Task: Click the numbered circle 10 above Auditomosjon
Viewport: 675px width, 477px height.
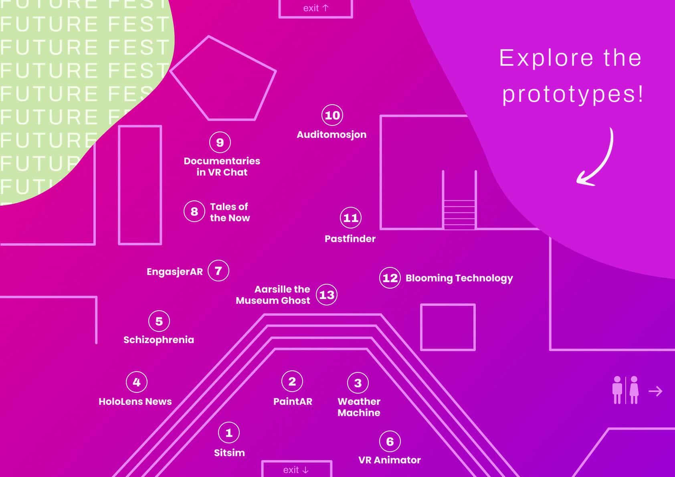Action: (332, 115)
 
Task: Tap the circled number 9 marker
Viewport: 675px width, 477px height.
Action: (220, 142)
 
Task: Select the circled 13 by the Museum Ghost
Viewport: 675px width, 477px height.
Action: (327, 294)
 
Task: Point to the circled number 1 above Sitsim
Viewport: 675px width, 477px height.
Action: (229, 433)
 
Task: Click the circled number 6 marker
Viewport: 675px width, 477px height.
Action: (390, 441)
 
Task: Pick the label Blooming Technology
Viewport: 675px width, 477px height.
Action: (459, 278)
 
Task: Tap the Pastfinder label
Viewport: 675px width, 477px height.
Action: (350, 238)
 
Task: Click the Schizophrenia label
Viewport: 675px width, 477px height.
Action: (158, 340)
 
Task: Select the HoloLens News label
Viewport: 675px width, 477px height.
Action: (135, 401)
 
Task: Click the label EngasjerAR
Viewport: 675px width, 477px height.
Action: (175, 272)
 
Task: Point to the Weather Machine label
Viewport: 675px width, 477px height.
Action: (359, 407)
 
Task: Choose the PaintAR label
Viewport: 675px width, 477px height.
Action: (293, 401)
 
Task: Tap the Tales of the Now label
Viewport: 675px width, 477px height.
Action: (230, 212)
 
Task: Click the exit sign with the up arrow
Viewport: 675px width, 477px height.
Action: (315, 8)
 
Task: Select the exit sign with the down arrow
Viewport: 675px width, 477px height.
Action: (297, 469)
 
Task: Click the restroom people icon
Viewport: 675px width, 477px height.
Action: (625, 390)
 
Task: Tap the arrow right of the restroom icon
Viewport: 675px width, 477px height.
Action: (655, 391)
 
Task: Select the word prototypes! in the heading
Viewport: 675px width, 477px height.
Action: (572, 94)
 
